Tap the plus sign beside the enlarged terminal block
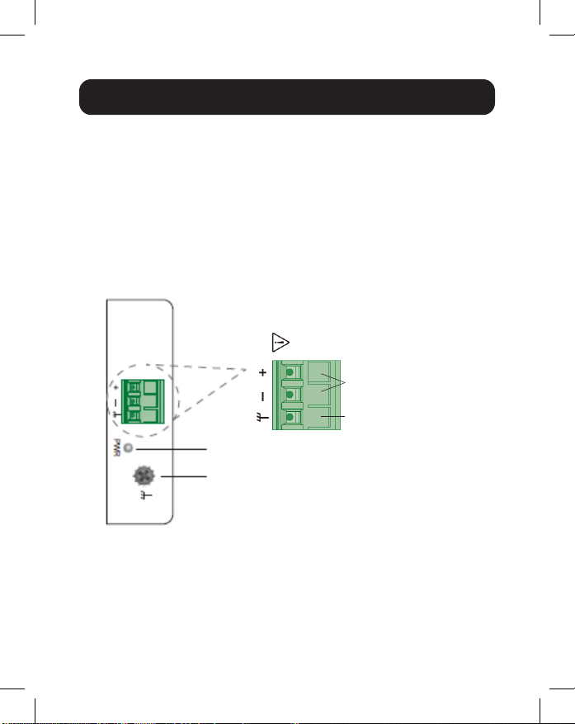262,373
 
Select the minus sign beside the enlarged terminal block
262,396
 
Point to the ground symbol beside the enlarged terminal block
262,420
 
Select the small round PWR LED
129,448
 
